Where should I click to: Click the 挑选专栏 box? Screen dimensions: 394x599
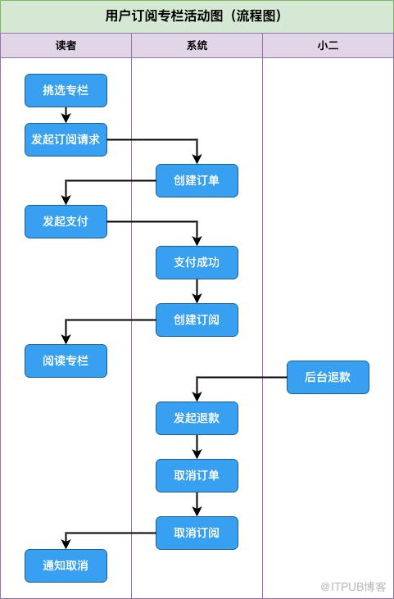click(66, 90)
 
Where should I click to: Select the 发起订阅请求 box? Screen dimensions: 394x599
click(66, 139)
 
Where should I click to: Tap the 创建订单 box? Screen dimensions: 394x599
click(197, 181)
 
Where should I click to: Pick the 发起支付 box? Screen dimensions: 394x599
click(66, 221)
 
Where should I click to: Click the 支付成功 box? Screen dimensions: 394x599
click(197, 262)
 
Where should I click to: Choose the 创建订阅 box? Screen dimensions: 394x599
click(197, 320)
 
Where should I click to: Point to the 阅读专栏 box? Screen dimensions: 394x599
click(66, 361)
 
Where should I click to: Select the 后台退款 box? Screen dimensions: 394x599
click(328, 377)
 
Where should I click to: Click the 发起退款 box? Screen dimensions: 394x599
click(197, 418)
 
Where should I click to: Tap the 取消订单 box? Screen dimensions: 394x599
click(197, 475)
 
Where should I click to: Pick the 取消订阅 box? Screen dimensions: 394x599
click(197, 533)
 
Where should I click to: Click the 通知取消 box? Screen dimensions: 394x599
click(66, 565)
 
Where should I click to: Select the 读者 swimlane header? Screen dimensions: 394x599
click(66, 45)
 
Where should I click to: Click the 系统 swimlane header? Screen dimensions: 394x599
click(197, 45)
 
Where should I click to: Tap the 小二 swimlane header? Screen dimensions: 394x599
click(328, 45)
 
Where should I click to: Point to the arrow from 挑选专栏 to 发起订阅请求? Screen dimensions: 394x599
click(66, 115)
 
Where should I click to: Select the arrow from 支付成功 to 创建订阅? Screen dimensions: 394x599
click(197, 291)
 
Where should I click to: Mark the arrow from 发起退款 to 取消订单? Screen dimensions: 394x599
click(197, 447)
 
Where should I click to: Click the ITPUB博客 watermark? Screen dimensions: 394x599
click(354, 587)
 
